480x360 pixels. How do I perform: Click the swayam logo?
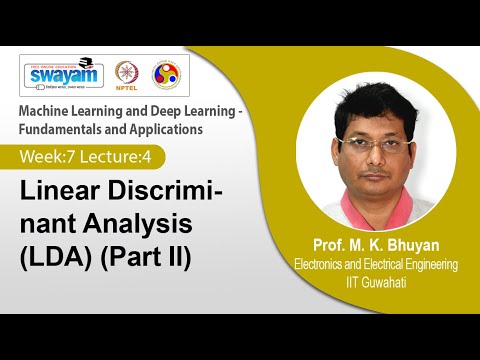pyautogui.click(x=62, y=73)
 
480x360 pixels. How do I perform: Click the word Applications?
pyautogui.click(x=170, y=128)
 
